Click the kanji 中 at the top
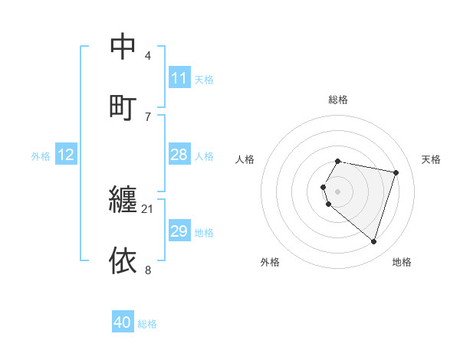(x=123, y=47)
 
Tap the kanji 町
(x=123, y=106)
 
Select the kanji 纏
(x=123, y=200)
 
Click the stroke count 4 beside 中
(x=148, y=56)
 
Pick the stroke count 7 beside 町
(x=148, y=116)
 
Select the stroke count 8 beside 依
(x=148, y=270)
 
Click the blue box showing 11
(x=179, y=78)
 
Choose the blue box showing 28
(x=179, y=155)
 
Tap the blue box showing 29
(x=179, y=231)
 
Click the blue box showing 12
(x=66, y=155)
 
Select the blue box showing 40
(x=123, y=323)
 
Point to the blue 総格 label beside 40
(x=147, y=324)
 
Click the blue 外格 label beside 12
(x=41, y=156)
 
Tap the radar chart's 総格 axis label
(x=338, y=100)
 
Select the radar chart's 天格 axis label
(x=431, y=159)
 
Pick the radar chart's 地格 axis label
(x=402, y=263)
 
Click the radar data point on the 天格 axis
(x=396, y=172)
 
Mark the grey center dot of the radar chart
(x=338, y=191)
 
